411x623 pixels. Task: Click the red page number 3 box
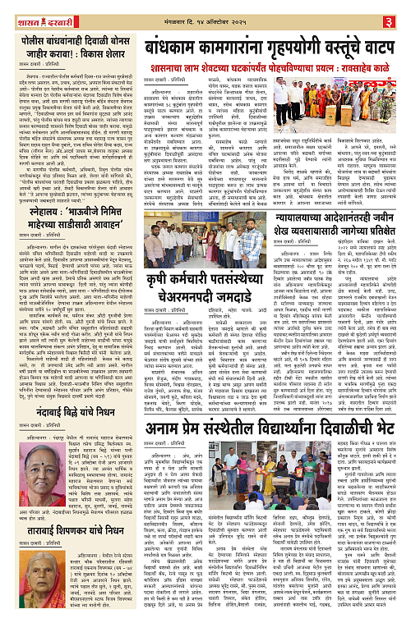[400, 10]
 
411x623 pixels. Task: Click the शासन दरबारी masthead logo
[38, 10]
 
